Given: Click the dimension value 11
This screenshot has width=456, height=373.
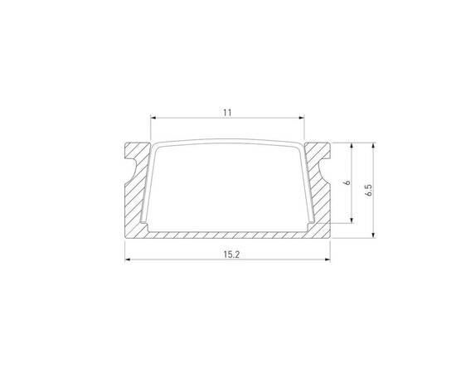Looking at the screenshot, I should (x=226, y=109).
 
